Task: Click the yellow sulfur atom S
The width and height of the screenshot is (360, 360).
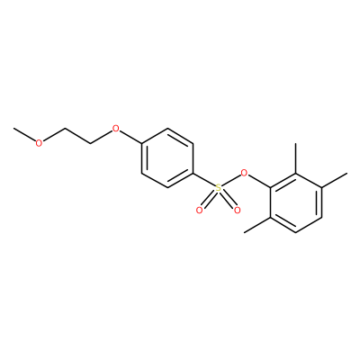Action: coord(219,188)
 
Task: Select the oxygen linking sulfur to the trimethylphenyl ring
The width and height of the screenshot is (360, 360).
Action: coord(245,173)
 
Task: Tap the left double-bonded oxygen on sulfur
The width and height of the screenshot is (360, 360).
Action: coord(199,211)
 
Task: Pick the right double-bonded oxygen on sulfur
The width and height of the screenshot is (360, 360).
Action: coord(238,211)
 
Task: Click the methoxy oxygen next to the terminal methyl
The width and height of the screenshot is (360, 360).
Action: coord(39,143)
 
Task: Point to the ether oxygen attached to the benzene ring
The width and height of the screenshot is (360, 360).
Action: coord(115,130)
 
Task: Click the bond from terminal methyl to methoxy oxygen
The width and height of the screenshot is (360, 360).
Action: coord(24,135)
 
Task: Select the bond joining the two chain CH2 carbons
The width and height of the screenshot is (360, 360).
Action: coord(77,136)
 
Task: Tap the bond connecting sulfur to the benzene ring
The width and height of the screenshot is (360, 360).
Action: coord(203,180)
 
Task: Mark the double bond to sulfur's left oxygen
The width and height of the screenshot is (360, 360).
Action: coord(208,201)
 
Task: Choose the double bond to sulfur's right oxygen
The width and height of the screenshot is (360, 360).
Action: coord(229,201)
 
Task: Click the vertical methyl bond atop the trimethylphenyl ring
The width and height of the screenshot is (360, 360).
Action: coord(296,158)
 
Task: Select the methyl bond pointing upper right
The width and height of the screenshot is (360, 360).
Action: coord(334,181)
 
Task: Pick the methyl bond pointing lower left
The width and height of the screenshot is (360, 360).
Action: coord(257,225)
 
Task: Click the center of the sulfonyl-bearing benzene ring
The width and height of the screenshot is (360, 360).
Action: coord(167,158)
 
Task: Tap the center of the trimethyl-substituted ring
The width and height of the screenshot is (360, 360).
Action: coord(296,203)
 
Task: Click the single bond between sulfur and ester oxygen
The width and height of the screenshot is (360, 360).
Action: coord(231,181)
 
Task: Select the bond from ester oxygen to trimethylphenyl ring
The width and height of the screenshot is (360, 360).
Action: coord(259,182)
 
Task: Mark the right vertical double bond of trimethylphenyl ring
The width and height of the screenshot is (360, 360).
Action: coord(319,203)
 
